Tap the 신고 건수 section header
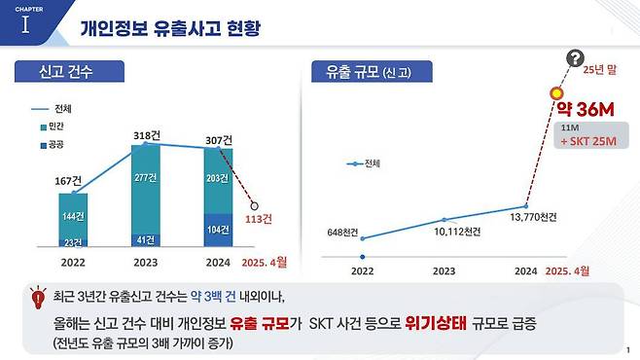click(65, 72)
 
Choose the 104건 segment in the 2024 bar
click(219, 230)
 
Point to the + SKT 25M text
click(590, 141)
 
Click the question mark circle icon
click(577, 58)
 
